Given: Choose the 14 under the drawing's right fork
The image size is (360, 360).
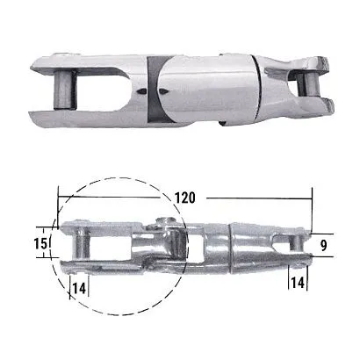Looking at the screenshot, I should [299, 284].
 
